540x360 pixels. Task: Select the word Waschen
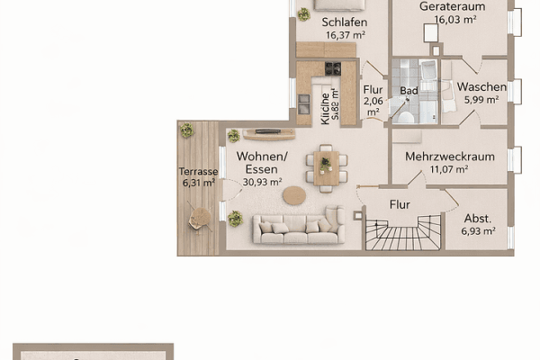click(481, 86)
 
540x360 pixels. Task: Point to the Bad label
click(409, 91)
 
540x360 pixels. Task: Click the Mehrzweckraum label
click(450, 156)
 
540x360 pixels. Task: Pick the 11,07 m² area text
click(449, 168)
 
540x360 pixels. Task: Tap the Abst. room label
click(478, 218)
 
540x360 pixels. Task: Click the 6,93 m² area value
click(479, 231)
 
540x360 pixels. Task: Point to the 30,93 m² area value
click(262, 182)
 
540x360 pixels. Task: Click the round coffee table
click(294, 194)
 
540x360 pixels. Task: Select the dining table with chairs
click(326, 168)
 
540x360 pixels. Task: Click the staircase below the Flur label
click(402, 237)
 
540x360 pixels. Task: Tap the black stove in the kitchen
click(333, 68)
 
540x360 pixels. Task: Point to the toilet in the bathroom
click(407, 115)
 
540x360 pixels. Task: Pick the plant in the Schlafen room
click(304, 14)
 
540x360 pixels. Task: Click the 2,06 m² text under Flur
click(373, 108)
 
